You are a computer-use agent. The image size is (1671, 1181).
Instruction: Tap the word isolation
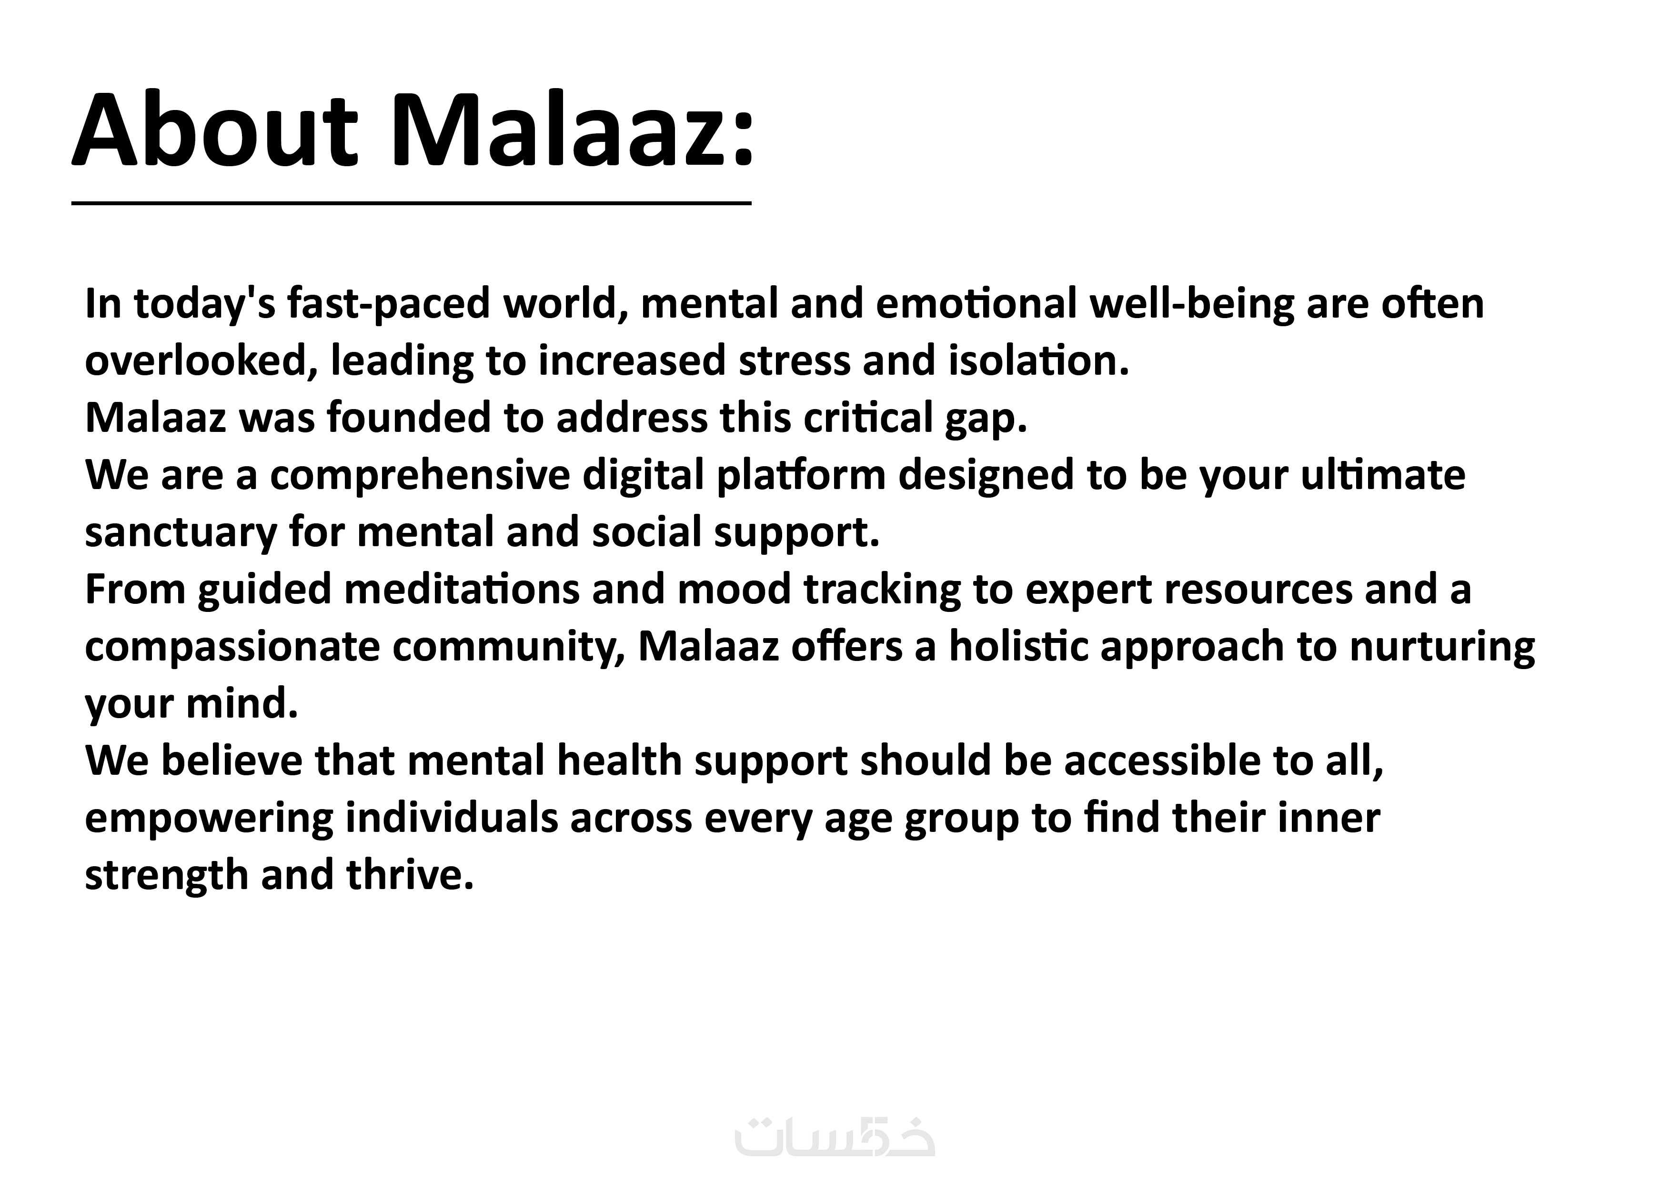tap(1038, 361)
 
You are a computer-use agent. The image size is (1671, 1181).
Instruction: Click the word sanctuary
tap(181, 533)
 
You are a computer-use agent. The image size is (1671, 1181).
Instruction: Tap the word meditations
tap(462, 590)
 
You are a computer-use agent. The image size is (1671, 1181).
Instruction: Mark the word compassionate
tap(232, 647)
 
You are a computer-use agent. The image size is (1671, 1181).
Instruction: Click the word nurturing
tap(1442, 647)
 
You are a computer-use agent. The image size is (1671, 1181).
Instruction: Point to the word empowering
tap(209, 819)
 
